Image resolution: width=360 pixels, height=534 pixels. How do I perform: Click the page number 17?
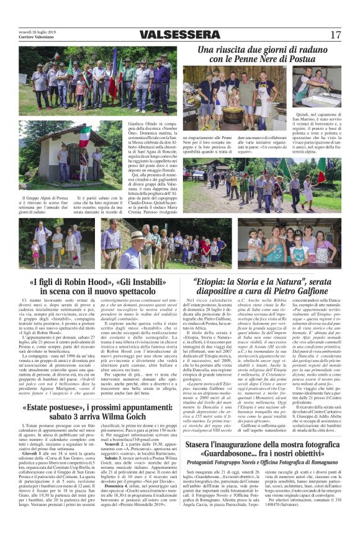coord(336,34)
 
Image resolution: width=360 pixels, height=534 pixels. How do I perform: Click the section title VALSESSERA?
coord(179,34)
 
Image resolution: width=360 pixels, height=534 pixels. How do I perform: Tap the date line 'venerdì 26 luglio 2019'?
coord(37,31)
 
